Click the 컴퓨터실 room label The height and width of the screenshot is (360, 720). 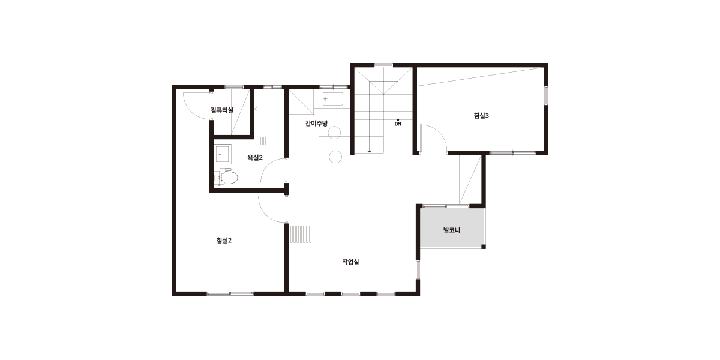pos(222,110)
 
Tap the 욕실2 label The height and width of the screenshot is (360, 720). pos(255,157)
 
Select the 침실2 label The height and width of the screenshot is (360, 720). pos(224,240)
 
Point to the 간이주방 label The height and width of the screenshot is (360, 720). pos(317,123)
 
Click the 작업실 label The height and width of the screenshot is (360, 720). pos(350,262)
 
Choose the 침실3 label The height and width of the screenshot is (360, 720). pos(481,116)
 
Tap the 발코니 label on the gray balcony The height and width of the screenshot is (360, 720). pos(452,230)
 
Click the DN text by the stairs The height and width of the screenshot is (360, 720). pos(398,124)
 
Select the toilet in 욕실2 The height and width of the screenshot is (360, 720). pos(226,177)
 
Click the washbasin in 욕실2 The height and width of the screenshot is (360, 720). pos(223,154)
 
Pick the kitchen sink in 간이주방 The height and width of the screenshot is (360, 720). pos(332,99)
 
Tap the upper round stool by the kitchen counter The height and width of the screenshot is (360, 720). pos(334,133)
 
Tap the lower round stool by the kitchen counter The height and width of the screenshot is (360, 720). pos(335,157)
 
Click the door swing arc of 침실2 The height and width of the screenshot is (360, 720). pos(265,214)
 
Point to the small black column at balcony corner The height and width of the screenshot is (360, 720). pos(484,247)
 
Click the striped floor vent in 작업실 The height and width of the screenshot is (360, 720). pos(301,234)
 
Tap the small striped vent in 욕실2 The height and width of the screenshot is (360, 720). pos(260,141)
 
